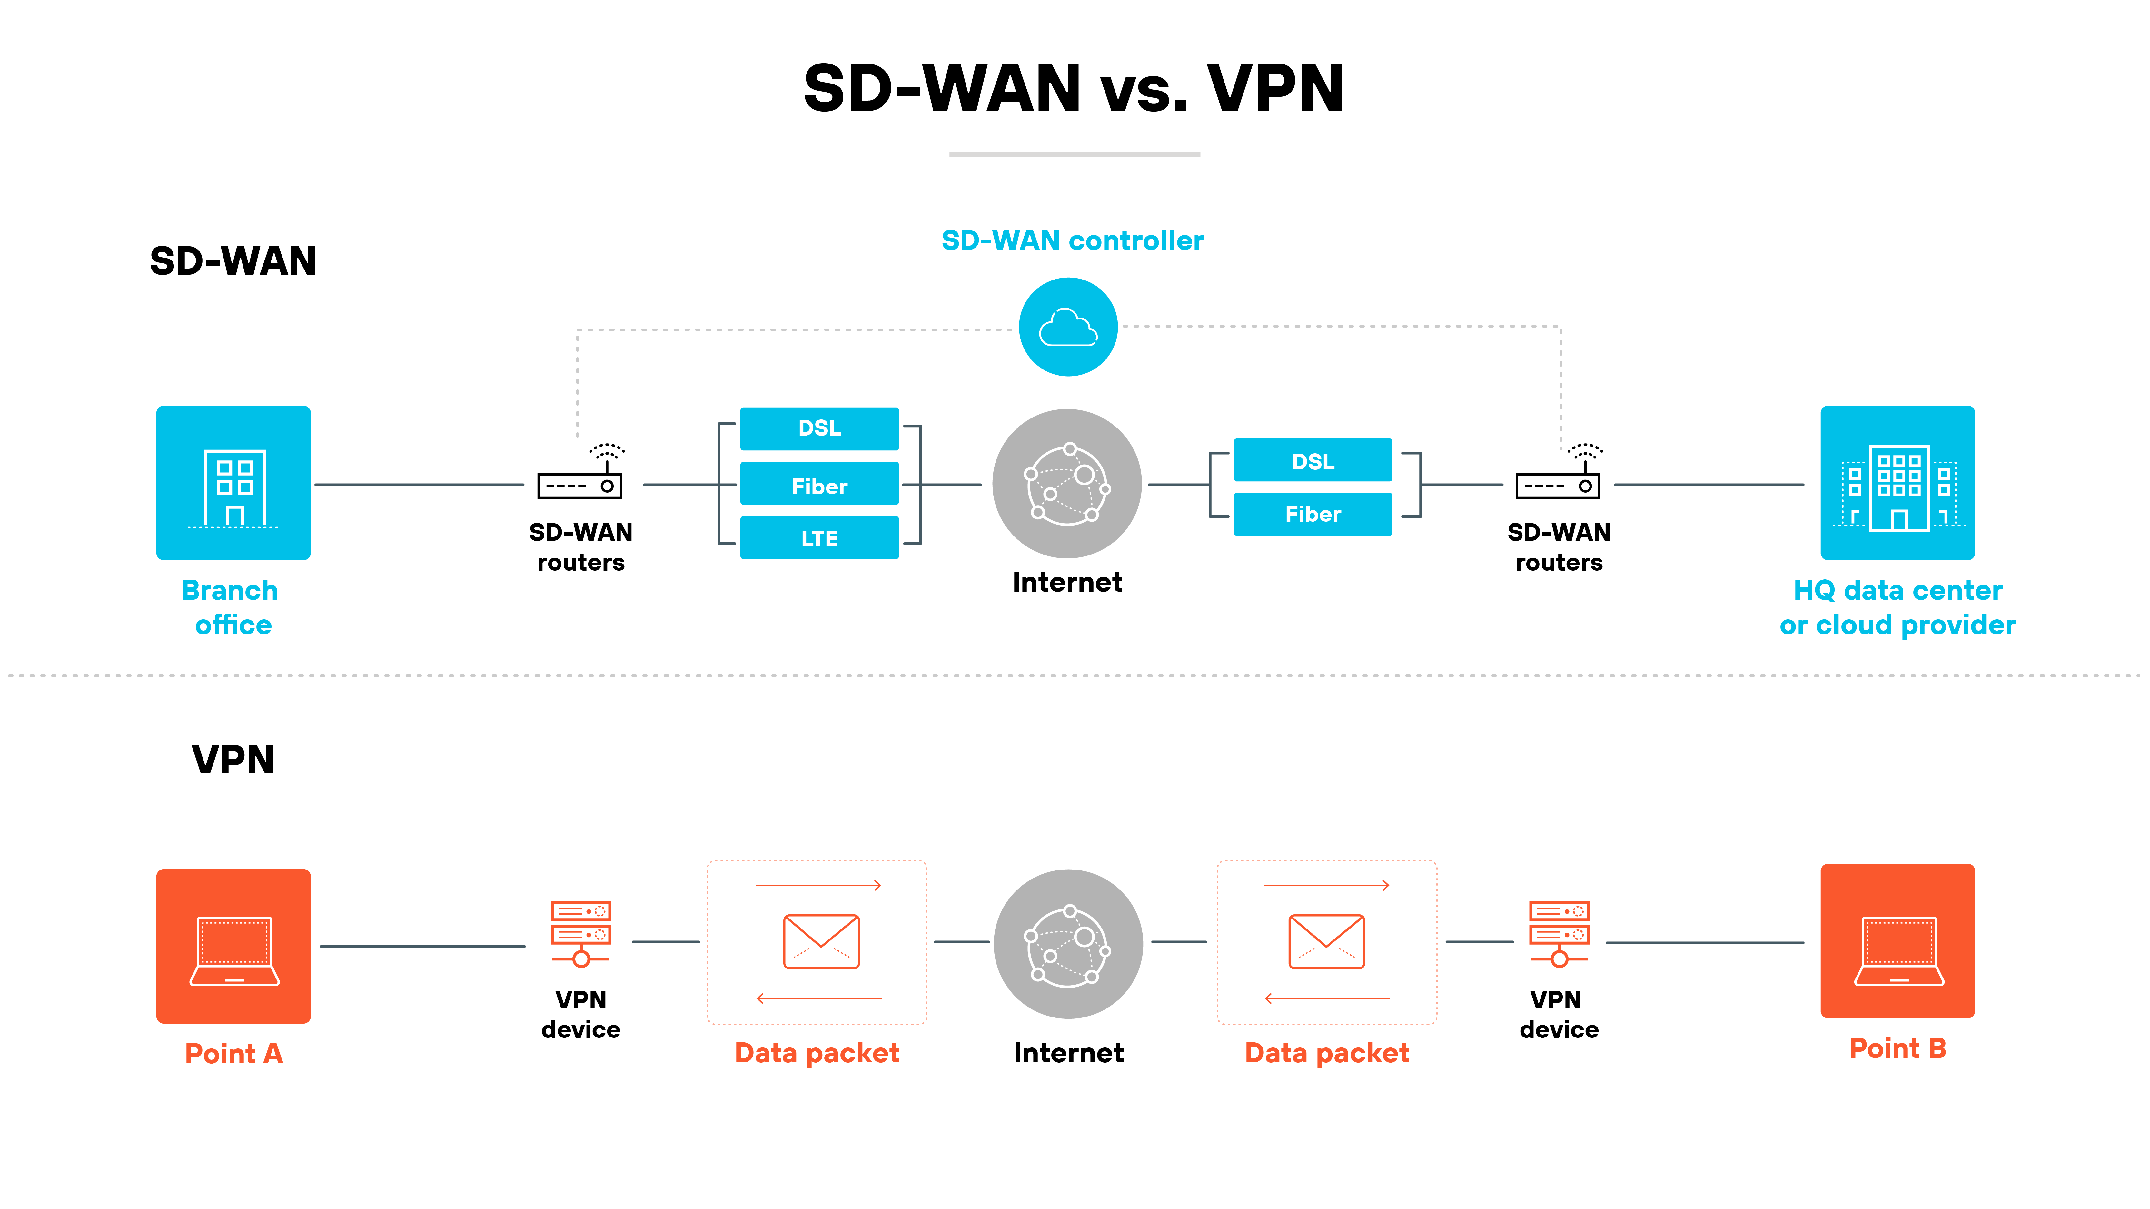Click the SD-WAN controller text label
[1073, 240]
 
